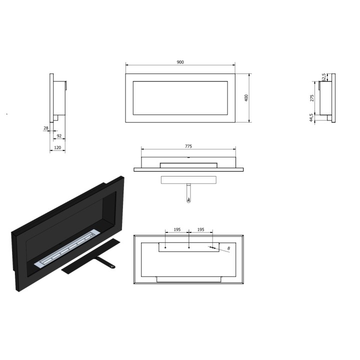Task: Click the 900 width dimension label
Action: [x=180, y=62]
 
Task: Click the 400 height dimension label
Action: [x=246, y=98]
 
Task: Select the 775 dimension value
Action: [x=188, y=146]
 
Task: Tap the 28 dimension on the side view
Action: [x=46, y=128]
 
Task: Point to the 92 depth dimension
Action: [x=59, y=136]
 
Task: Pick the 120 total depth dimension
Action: [x=57, y=147]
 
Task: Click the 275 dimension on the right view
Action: [x=312, y=98]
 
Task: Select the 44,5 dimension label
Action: [x=311, y=117]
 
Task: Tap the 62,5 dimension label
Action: [x=324, y=77]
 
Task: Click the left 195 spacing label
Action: [x=177, y=229]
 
